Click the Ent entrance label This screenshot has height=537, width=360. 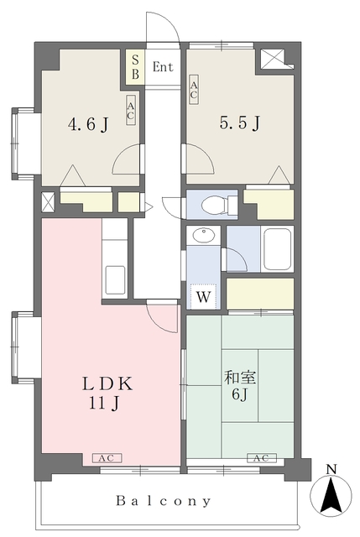coord(163,67)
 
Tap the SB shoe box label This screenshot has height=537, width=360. coord(136,67)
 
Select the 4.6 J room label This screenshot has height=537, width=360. coord(88,124)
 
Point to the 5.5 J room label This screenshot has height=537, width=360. coord(240,123)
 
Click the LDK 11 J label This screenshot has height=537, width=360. coord(107,394)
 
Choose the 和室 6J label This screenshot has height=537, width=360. coord(240,386)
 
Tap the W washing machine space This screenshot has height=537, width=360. coord(203,296)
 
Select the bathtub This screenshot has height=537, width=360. coord(278,249)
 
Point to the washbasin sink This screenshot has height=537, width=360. coord(203,235)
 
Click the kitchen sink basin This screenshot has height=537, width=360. coord(115,279)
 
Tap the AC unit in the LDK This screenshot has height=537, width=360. coord(107,458)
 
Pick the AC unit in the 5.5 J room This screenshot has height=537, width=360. coord(194,90)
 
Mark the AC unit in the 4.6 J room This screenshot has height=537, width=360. coord(131,110)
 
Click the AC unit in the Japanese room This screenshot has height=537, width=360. coord(261,458)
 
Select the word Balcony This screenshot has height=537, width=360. coord(163,502)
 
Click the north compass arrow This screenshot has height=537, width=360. coord(331,495)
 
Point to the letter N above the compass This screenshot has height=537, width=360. coord(331,469)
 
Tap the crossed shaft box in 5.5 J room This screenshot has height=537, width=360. coord(273,59)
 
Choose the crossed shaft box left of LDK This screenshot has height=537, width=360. coord(48,202)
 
